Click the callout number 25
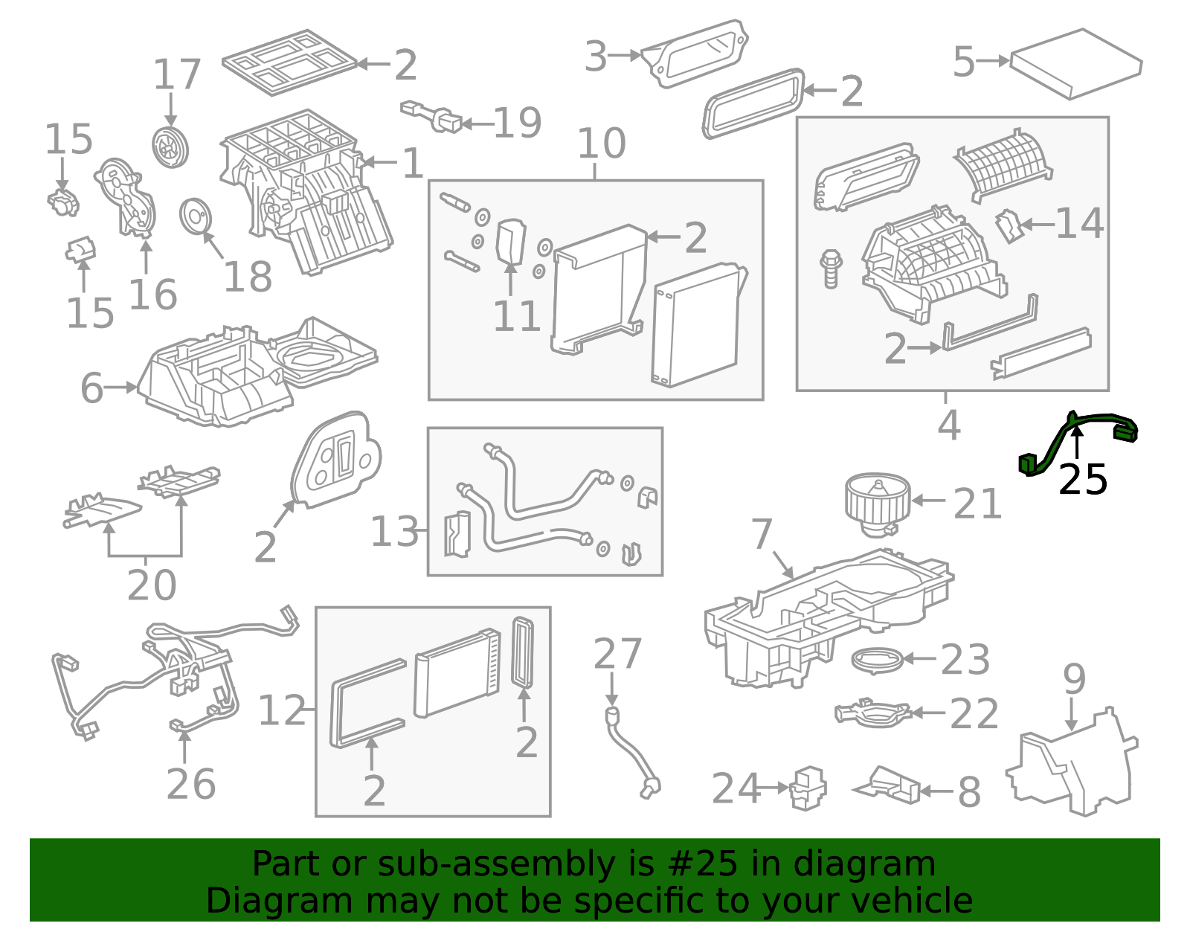click(1083, 480)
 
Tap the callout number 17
click(176, 74)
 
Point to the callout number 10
click(601, 144)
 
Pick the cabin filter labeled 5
click(1075, 64)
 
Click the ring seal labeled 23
click(878, 660)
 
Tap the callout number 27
click(618, 654)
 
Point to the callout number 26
click(191, 785)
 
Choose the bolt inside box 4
click(831, 269)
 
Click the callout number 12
click(281, 710)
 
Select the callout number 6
click(91, 388)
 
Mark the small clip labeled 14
click(1009, 225)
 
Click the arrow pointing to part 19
click(477, 123)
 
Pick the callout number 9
click(1074, 679)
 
